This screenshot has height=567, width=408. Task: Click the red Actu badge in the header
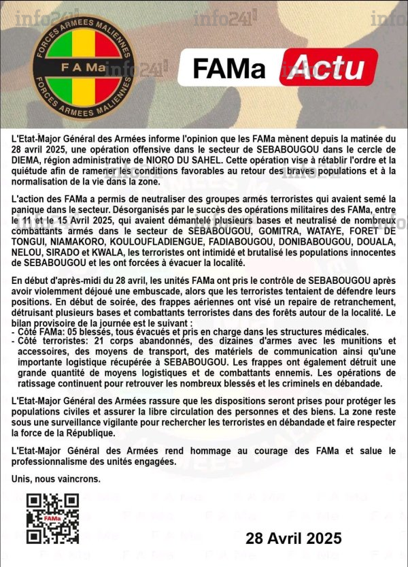[x=328, y=67]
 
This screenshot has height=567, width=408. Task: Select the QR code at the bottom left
[x=52, y=519]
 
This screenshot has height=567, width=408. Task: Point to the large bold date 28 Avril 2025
[x=294, y=539]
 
